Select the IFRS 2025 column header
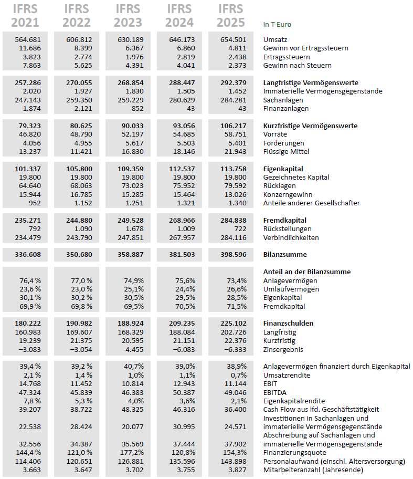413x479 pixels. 230,16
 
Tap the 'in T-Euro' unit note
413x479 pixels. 277,24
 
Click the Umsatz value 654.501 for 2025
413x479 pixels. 233,39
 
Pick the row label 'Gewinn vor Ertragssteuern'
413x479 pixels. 305,48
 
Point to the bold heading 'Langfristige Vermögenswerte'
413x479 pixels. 311,83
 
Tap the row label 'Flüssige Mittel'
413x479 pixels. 285,152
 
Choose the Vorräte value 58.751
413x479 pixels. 233,134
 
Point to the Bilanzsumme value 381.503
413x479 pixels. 182,255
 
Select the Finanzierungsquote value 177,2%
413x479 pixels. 132,453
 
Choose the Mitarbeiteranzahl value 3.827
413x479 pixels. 236,470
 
